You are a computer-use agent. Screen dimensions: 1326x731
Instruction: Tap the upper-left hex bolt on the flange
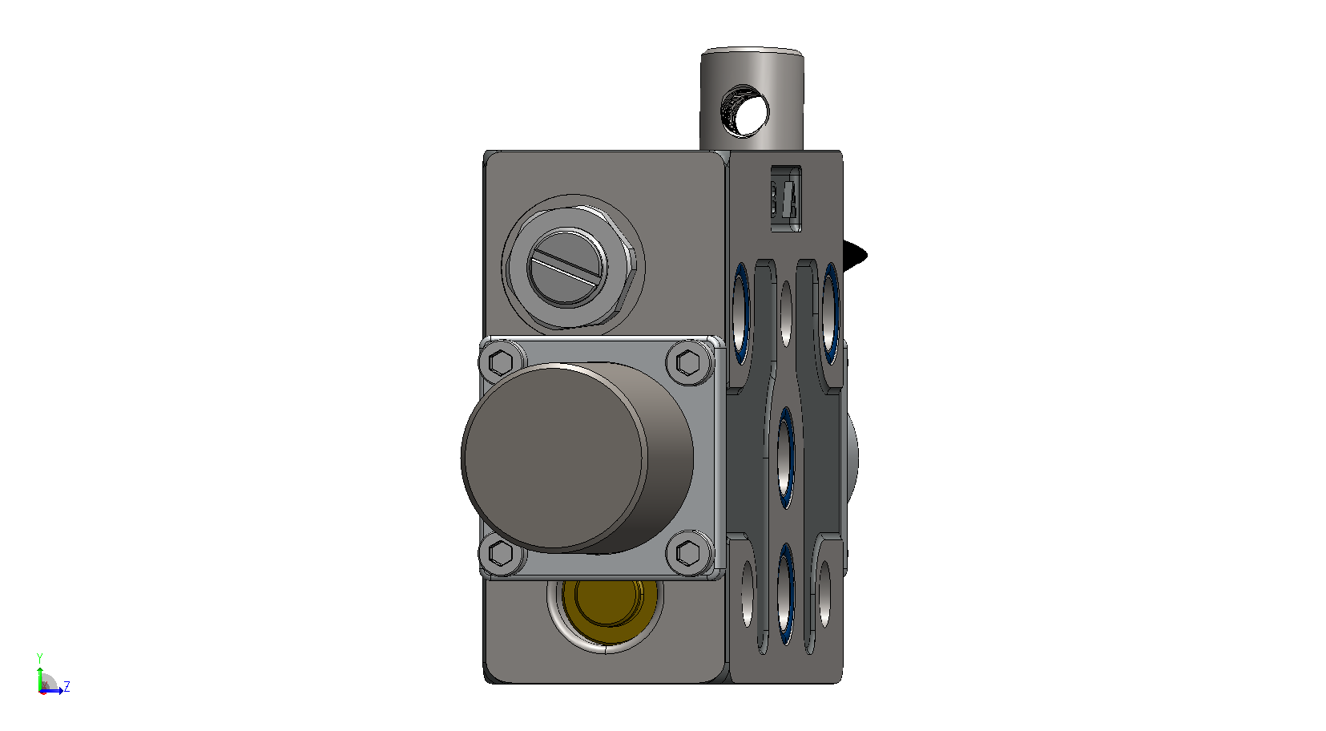coord(501,362)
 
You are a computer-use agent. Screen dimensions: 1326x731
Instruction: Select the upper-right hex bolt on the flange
coord(688,362)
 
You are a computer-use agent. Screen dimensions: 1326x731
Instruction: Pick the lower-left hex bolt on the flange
coord(501,553)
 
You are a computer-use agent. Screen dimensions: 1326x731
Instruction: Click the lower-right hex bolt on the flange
coord(688,553)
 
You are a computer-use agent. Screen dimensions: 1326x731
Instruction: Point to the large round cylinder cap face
coord(554,458)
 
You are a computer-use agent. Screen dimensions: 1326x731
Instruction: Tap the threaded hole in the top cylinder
coord(744,111)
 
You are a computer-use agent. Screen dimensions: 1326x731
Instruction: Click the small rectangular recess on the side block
coord(786,199)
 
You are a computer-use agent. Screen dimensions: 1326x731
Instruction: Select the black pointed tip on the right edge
coord(855,256)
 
